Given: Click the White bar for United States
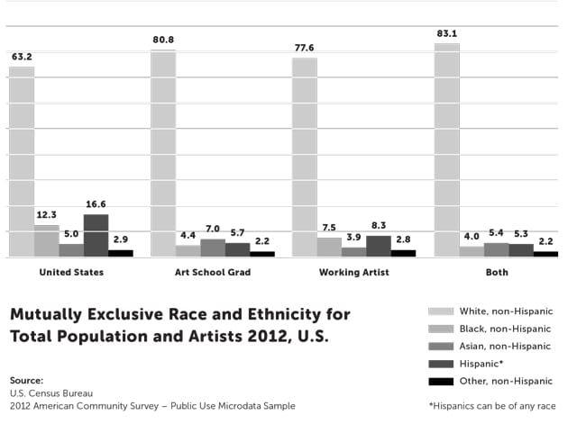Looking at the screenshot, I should [x=22, y=162].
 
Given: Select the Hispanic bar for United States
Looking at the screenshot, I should [x=96, y=235].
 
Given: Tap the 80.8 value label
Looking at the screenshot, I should [x=163, y=40].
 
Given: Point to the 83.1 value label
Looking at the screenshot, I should [x=446, y=33].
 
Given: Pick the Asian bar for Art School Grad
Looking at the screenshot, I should [x=213, y=248].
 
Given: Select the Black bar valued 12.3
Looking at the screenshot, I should [x=46, y=240].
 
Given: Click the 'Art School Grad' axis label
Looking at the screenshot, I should [x=213, y=272].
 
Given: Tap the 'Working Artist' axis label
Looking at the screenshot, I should [x=354, y=272].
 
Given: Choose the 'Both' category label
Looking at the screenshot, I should [x=496, y=272].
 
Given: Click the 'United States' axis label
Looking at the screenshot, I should [x=70, y=272].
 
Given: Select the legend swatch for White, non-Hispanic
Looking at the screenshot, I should [x=440, y=311].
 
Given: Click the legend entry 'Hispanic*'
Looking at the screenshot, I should [x=483, y=364].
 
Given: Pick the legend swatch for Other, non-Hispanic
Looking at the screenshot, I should [x=440, y=381].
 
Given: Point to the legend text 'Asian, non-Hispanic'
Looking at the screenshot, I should [x=506, y=346].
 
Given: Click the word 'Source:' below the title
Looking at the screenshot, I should [x=26, y=380].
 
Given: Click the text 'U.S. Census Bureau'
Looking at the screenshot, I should [x=51, y=393].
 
